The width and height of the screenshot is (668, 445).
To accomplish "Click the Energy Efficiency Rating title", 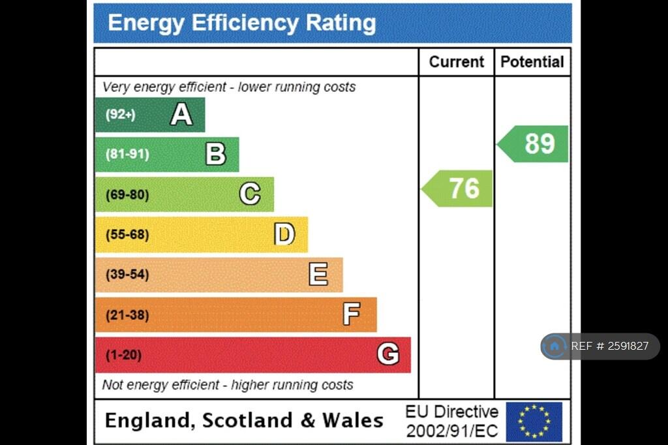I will [241, 23].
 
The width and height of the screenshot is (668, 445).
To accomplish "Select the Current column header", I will [457, 62].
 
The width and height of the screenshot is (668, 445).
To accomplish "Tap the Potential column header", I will [532, 62].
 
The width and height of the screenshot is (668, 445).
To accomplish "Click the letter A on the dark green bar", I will [181, 115].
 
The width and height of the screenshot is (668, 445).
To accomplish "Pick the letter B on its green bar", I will [216, 155].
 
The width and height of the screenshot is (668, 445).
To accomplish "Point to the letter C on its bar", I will [250, 194].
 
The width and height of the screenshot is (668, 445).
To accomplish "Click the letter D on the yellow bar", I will [284, 234].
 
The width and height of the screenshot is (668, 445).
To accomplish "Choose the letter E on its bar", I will [318, 275].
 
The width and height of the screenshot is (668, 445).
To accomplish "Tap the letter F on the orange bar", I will [352, 315].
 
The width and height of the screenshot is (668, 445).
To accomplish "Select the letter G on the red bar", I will [387, 355].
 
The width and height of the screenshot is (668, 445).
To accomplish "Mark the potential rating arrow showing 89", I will [534, 144].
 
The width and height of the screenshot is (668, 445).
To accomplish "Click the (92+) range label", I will [121, 115].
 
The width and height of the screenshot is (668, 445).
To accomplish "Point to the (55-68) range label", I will [127, 234].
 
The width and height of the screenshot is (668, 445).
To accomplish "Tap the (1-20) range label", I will [123, 355].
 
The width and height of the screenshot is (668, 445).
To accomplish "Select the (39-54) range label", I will [127, 275].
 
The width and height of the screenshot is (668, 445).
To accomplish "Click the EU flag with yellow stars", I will [534, 422].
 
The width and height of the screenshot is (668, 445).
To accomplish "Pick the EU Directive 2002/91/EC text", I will [451, 422].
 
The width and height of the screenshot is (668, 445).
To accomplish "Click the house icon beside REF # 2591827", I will [554, 346].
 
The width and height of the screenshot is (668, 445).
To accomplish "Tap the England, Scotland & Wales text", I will [244, 420].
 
